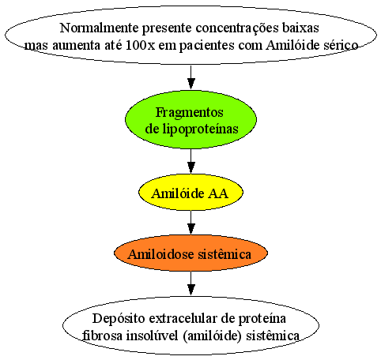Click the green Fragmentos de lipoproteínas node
[190, 120]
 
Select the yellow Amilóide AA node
[190, 193]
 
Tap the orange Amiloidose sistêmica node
[190, 253]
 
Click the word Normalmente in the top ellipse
[99, 28]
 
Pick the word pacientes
[207, 46]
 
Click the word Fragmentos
[190, 113]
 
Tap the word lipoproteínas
[200, 129]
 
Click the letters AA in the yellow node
[218, 193]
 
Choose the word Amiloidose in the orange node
[161, 254]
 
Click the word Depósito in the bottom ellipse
[119, 319]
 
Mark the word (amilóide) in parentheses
[212, 336]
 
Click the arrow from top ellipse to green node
[190, 77]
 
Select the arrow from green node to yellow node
[190, 162]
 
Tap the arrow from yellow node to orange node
[190, 223]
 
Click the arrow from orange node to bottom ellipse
[190, 283]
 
